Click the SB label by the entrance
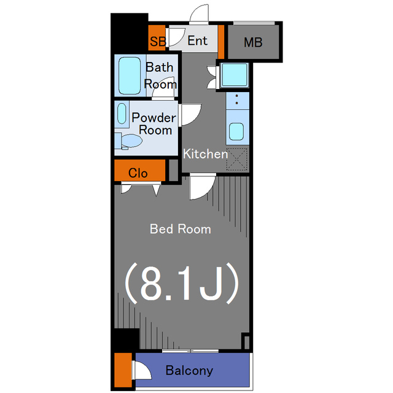pos(158,41)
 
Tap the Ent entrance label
pos(198,41)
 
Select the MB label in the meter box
pos(253,42)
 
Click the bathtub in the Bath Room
pos(130,76)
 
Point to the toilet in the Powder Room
pos(129,141)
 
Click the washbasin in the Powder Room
pos(122,114)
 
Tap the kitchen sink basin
pos(236,131)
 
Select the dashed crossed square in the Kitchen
pos(237,159)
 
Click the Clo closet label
pos(138,173)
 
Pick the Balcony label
pos(189,370)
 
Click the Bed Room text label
pos(181,229)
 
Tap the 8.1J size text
pos(181,283)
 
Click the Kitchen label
pos(205,154)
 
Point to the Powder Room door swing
pos(190,115)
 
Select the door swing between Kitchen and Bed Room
pos(202,187)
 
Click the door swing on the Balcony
pos(142,370)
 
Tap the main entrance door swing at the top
pos(199,14)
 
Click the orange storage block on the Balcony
pos(123,370)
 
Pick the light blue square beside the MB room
pos(235,75)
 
